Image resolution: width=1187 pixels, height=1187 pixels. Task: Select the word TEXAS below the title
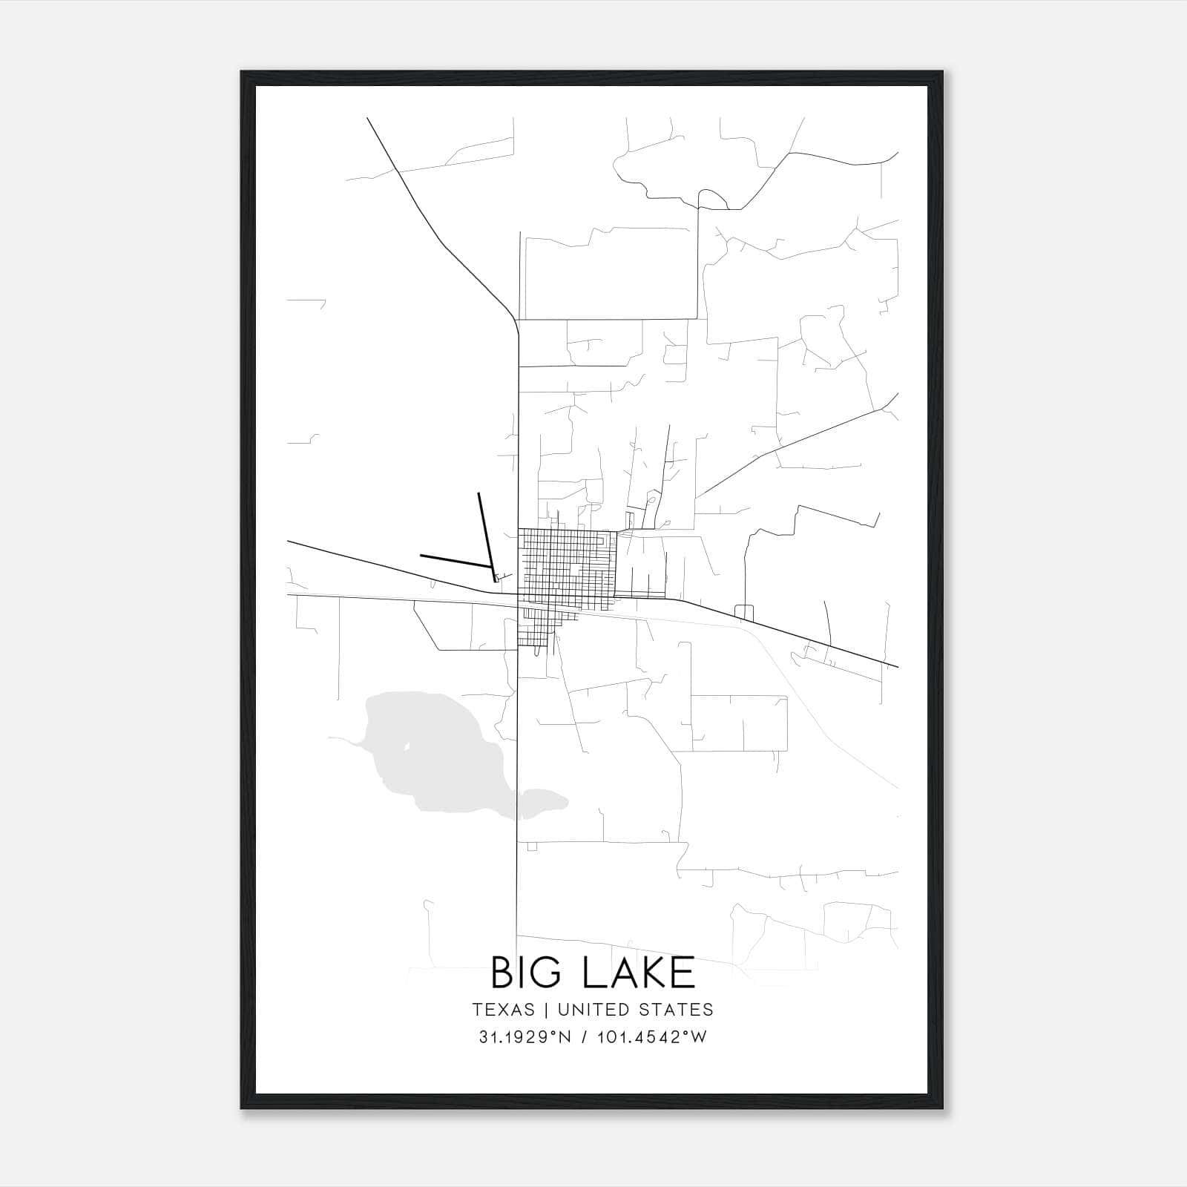click(x=503, y=1010)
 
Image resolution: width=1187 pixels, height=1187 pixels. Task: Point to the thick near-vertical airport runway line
click(x=485, y=530)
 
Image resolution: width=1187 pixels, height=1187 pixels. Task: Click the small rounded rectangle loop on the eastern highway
click(x=743, y=611)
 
